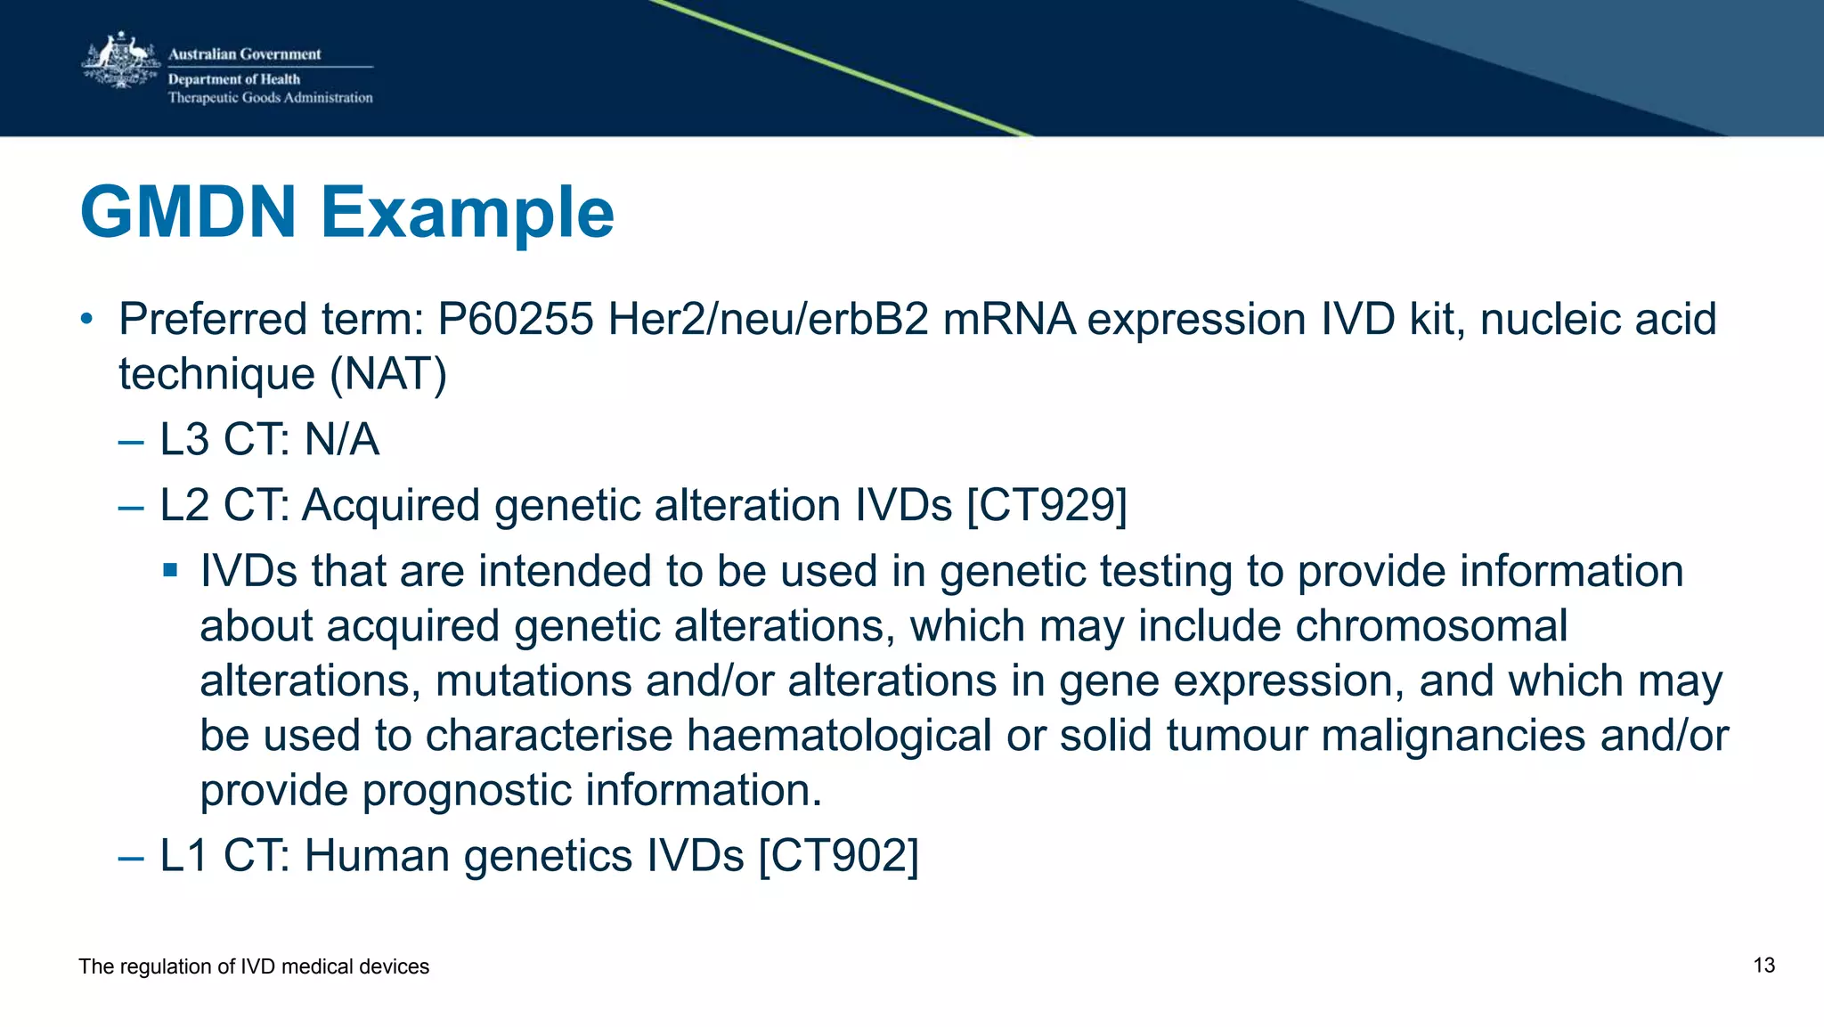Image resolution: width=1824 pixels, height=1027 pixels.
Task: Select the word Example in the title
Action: [467, 214]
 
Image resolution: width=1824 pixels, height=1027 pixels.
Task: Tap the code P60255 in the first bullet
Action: [515, 319]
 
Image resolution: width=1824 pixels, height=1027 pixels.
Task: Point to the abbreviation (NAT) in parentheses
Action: [388, 374]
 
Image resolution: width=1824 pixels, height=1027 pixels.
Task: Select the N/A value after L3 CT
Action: [342, 440]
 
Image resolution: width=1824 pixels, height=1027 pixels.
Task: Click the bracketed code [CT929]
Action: [1046, 505]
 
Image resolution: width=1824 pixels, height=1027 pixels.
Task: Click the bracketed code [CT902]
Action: [838, 856]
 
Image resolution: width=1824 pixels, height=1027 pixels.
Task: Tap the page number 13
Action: [1763, 966]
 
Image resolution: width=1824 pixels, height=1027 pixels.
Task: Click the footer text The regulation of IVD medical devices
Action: [254, 966]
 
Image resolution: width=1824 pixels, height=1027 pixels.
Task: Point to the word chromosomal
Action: [1430, 626]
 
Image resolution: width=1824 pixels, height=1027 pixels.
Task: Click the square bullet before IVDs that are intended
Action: [171, 570]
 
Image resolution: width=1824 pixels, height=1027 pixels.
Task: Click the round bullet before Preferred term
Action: [86, 319]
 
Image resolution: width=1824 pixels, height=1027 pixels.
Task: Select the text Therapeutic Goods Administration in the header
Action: [270, 98]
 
